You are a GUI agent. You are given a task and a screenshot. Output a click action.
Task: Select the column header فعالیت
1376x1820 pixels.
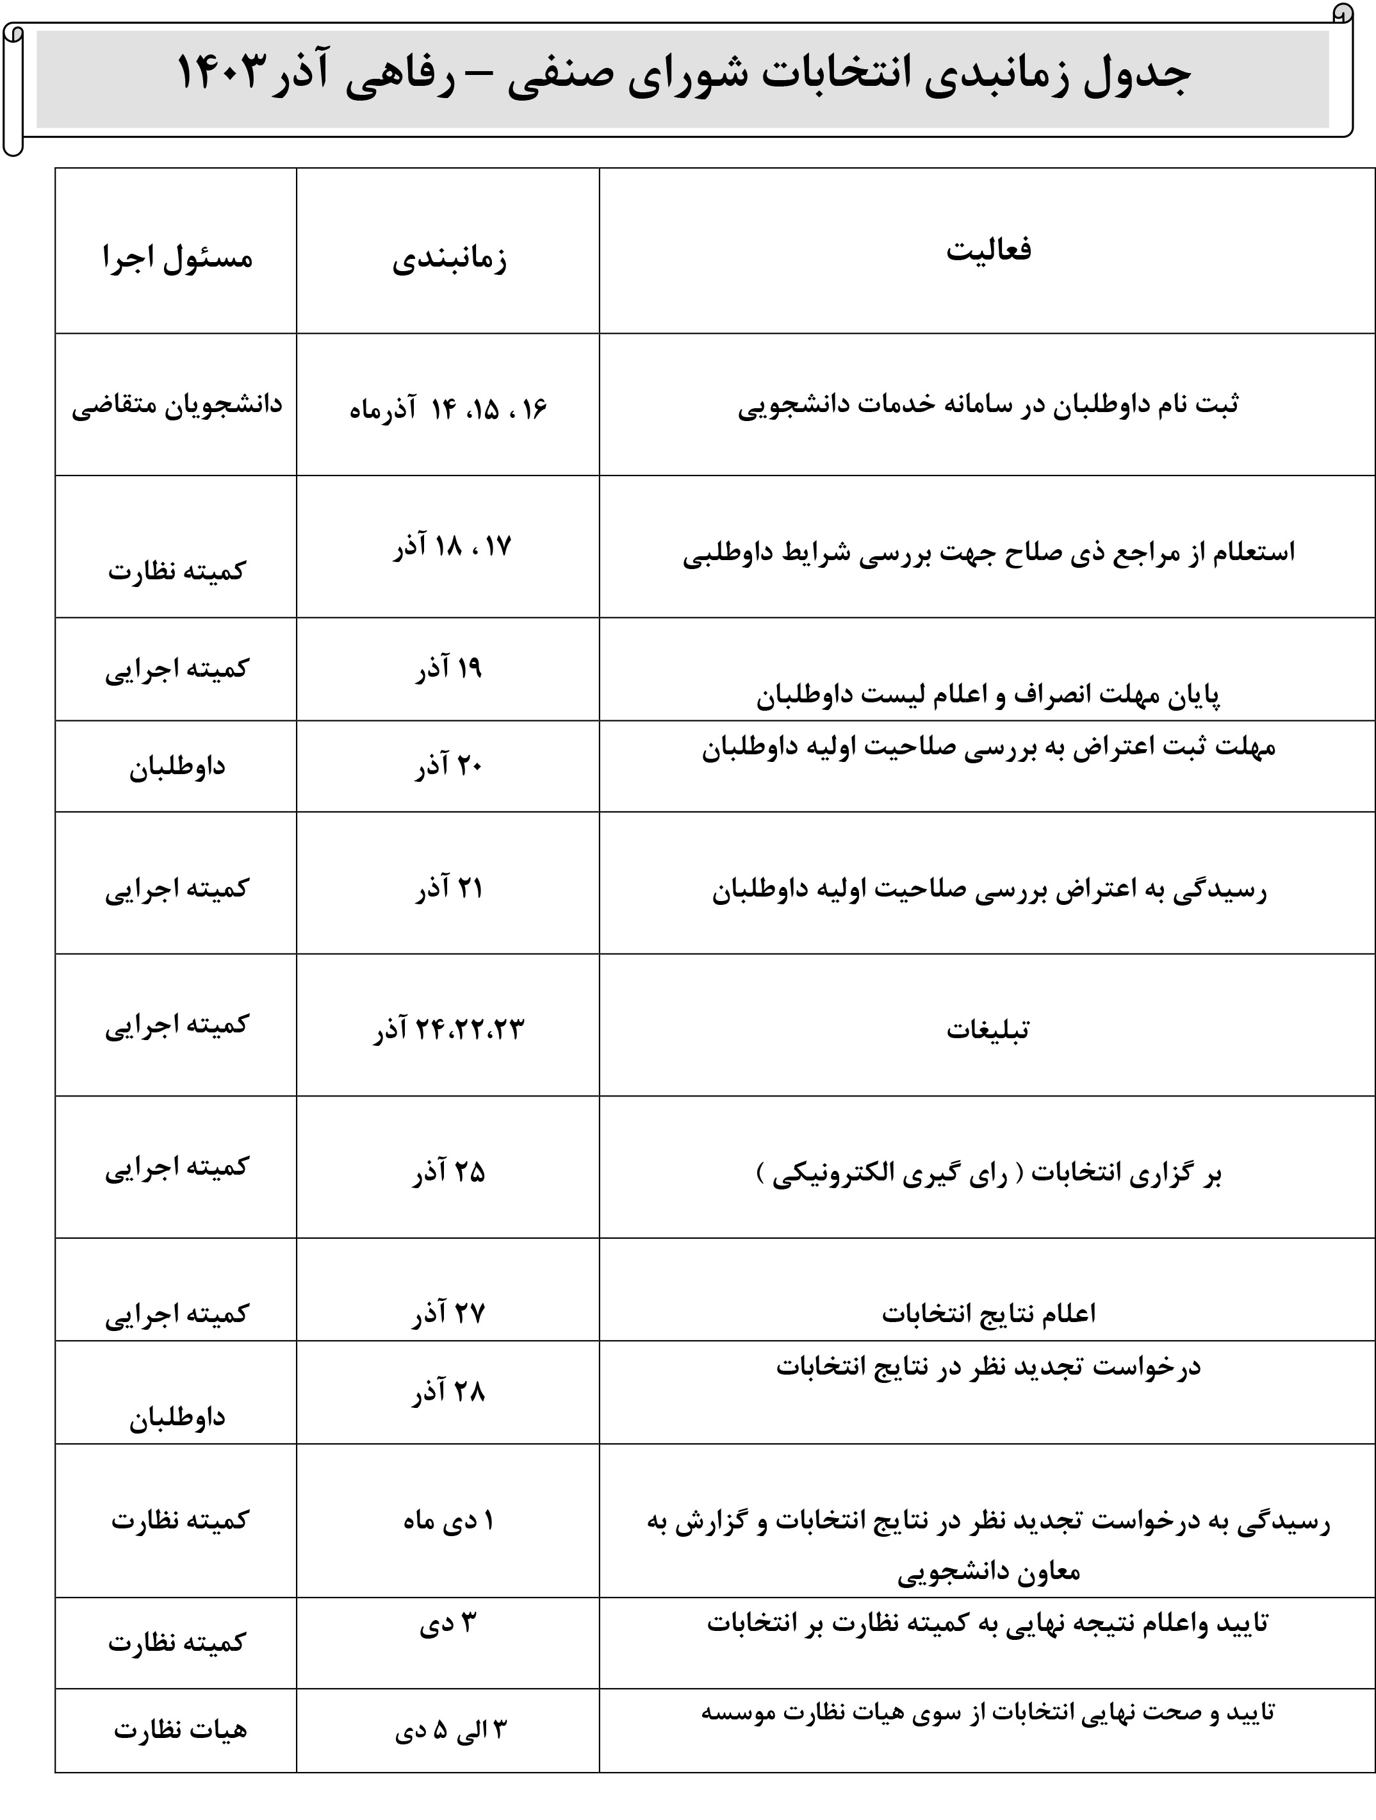[x=988, y=249]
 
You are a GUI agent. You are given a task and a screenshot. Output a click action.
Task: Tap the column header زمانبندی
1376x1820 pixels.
[x=449, y=258]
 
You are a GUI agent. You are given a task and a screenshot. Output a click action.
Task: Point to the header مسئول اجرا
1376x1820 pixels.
[x=177, y=258]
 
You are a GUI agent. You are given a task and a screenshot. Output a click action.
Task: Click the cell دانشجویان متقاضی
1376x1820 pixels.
[x=177, y=406]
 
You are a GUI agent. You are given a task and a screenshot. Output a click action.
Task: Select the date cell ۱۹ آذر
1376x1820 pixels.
[x=448, y=669]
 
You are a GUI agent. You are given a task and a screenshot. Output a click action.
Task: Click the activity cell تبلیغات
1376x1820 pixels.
[x=987, y=1030]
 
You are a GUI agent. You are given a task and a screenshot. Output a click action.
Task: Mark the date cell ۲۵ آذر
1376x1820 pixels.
[x=448, y=1171]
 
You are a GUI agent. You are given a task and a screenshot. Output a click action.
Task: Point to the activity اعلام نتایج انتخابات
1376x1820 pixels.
[x=988, y=1313]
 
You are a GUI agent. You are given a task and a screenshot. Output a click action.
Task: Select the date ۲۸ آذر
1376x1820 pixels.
[x=448, y=1392]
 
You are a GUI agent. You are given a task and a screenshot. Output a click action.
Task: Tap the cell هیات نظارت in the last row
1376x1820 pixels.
[x=180, y=1730]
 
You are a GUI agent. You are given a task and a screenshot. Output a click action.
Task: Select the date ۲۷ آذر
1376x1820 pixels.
[x=448, y=1313]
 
